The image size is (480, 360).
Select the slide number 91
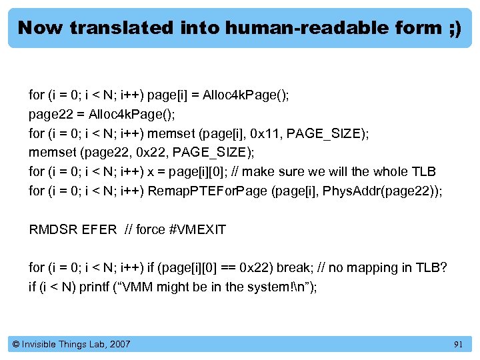click(458, 344)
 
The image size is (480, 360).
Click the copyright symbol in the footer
click(16, 344)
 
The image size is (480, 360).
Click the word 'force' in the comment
click(150, 230)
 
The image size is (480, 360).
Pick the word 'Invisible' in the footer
click(43, 344)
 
